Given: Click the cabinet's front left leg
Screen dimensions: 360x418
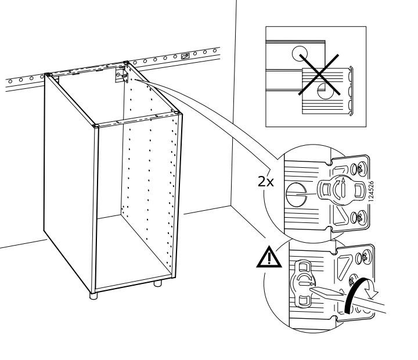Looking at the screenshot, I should point(93,294).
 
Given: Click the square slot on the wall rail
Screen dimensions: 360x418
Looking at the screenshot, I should point(185,56).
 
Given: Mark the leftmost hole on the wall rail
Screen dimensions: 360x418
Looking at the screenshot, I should point(5,78).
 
